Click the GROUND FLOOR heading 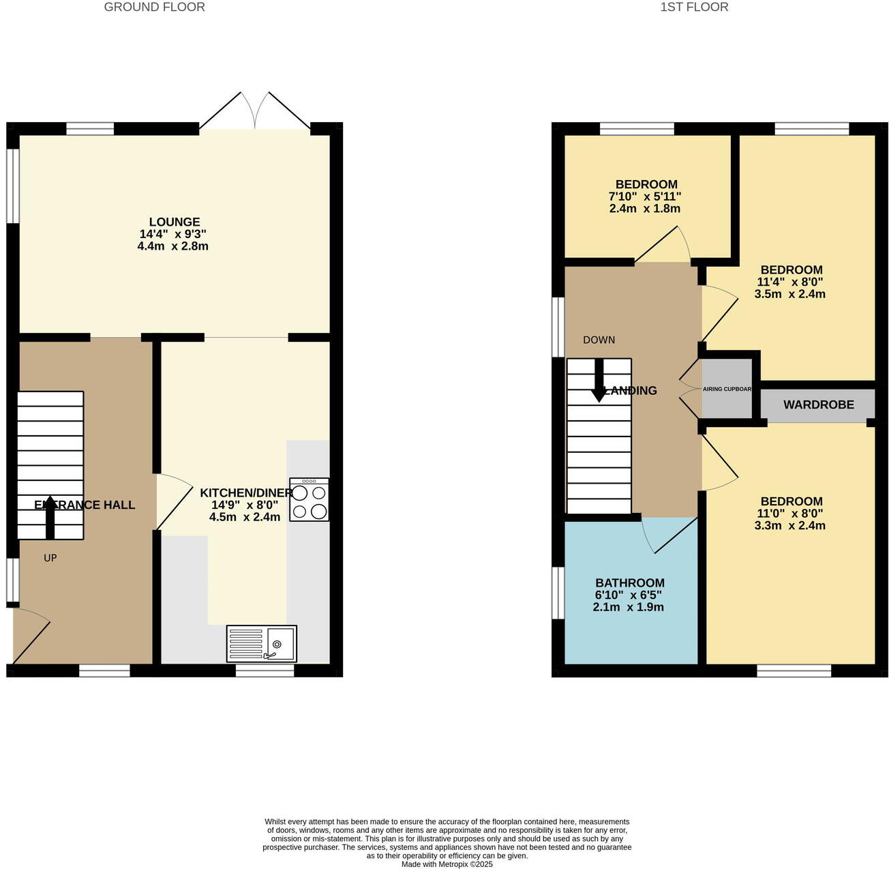(154, 8)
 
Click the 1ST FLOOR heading (694, 8)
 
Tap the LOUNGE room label (175, 222)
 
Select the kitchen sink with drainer (261, 643)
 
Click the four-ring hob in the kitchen (309, 500)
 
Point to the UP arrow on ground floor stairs (50, 518)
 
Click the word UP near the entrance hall (50, 558)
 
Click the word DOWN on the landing (599, 340)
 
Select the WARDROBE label (818, 404)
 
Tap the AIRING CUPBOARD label (727, 389)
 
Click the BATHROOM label (630, 583)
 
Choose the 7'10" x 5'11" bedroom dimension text (644, 196)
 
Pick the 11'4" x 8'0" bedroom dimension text (790, 282)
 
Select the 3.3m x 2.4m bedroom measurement (790, 525)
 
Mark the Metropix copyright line (447, 864)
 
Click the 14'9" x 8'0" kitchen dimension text (245, 505)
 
